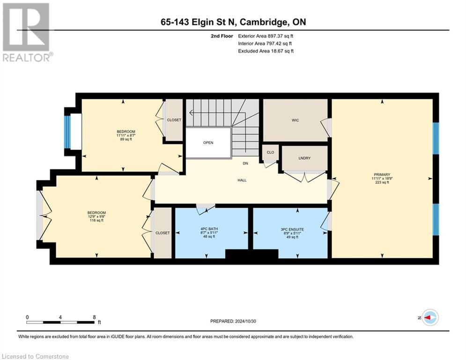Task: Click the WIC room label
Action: click(295, 120)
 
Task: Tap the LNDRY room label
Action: click(304, 158)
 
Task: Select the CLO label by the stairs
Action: click(270, 152)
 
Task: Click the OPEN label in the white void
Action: click(208, 143)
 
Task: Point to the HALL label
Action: click(242, 180)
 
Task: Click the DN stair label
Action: click(245, 164)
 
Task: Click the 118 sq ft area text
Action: click(96, 220)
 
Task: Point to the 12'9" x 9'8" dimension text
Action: click(96, 217)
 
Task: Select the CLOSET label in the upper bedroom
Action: click(174, 120)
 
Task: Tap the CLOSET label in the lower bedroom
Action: click(163, 232)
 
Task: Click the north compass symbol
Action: click(429, 317)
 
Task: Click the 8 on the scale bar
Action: click(94, 317)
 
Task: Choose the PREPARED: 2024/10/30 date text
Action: click(235, 321)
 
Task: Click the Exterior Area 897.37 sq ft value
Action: click(266, 36)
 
